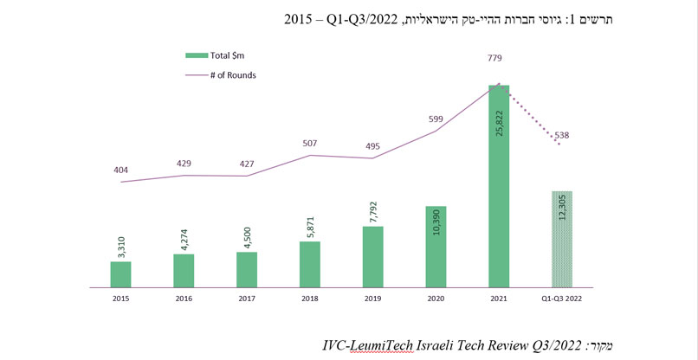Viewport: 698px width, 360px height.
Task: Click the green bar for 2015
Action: click(x=120, y=273)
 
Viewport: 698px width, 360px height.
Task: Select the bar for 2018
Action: click(x=310, y=264)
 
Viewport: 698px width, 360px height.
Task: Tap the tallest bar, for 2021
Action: click(x=499, y=185)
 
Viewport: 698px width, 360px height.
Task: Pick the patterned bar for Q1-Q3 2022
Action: click(x=563, y=239)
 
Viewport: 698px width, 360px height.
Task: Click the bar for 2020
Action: click(x=436, y=247)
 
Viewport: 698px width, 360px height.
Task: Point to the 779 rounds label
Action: click(x=495, y=59)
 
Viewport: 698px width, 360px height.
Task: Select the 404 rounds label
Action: click(x=120, y=171)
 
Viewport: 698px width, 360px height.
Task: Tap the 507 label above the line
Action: click(x=310, y=145)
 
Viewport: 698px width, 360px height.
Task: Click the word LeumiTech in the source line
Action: click(x=382, y=345)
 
